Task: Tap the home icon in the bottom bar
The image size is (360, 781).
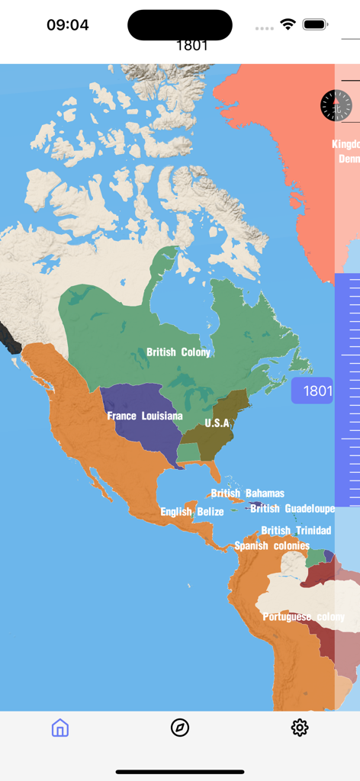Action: tap(60, 728)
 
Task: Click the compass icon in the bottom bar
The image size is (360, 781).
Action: tap(180, 728)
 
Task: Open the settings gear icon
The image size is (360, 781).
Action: tap(300, 728)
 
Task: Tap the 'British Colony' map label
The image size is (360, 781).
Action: tap(178, 352)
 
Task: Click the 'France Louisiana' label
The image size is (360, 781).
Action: tap(145, 416)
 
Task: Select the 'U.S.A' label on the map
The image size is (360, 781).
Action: tap(217, 423)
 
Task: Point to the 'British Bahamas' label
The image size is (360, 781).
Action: tap(248, 493)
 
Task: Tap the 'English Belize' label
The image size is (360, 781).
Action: tap(192, 512)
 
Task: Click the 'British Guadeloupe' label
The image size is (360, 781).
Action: tap(293, 509)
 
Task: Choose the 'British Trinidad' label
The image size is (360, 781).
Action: tap(296, 530)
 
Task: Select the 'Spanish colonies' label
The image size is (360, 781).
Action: tap(272, 546)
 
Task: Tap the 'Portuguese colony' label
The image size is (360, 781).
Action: tap(304, 616)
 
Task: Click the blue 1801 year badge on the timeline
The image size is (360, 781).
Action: tap(313, 391)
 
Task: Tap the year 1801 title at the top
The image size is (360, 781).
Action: tap(192, 45)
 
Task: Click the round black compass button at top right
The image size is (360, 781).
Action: tap(335, 105)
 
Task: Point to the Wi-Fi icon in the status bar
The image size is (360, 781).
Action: tap(288, 24)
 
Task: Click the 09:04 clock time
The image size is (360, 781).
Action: tap(68, 24)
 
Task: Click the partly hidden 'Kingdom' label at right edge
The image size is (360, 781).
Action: tap(346, 144)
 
